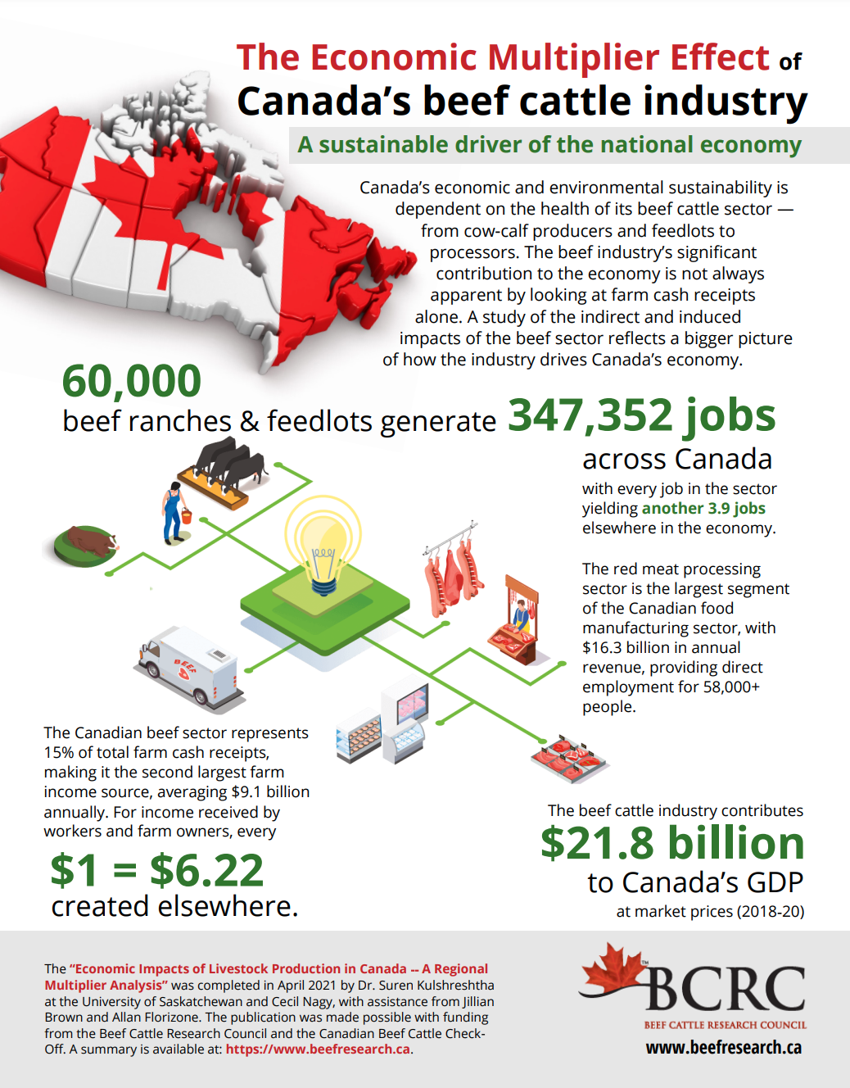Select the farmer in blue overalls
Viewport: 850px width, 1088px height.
pyautogui.click(x=172, y=513)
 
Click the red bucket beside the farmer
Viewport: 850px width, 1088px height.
pyautogui.click(x=187, y=516)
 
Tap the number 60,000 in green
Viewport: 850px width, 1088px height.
pyautogui.click(x=132, y=381)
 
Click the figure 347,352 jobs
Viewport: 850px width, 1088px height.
pyautogui.click(x=641, y=415)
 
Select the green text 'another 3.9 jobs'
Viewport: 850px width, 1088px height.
pyautogui.click(x=703, y=508)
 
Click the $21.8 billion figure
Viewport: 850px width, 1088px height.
pyautogui.click(x=671, y=843)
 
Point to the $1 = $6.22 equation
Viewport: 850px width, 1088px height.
pyautogui.click(x=157, y=869)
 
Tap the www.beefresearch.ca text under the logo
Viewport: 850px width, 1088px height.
pyautogui.click(x=723, y=1047)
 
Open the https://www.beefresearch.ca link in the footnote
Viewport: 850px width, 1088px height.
pyautogui.click(x=318, y=1049)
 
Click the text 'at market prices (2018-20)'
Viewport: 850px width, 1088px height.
pyautogui.click(x=710, y=911)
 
